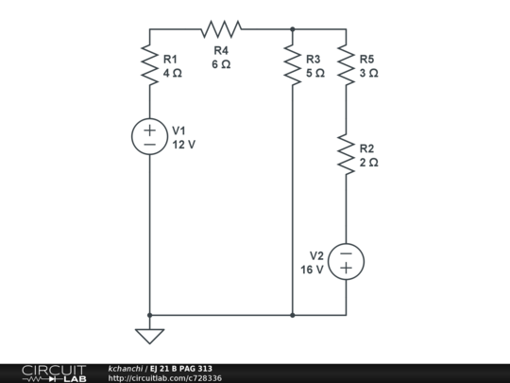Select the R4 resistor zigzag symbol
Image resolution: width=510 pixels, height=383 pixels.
221,29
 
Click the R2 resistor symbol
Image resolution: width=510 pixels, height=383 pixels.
346,155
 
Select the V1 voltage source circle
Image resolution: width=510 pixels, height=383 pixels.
149,136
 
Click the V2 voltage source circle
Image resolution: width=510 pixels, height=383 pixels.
346,261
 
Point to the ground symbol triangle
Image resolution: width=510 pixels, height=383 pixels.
149,336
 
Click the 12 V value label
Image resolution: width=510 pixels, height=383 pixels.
184,145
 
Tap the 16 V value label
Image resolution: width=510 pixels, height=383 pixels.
312,270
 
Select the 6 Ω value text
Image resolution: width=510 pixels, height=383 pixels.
221,64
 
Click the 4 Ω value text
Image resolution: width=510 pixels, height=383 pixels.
172,73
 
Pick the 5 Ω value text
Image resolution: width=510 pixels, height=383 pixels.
315,73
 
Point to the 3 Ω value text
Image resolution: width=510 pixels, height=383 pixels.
368,73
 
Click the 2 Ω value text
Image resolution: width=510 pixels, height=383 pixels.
368,163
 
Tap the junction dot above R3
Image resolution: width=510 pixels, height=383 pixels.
293,29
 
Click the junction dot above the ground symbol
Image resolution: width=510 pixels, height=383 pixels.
149,315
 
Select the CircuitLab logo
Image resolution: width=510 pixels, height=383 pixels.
54,373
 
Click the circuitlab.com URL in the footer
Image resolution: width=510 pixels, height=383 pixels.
165,378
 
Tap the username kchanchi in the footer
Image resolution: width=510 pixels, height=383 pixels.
126,368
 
